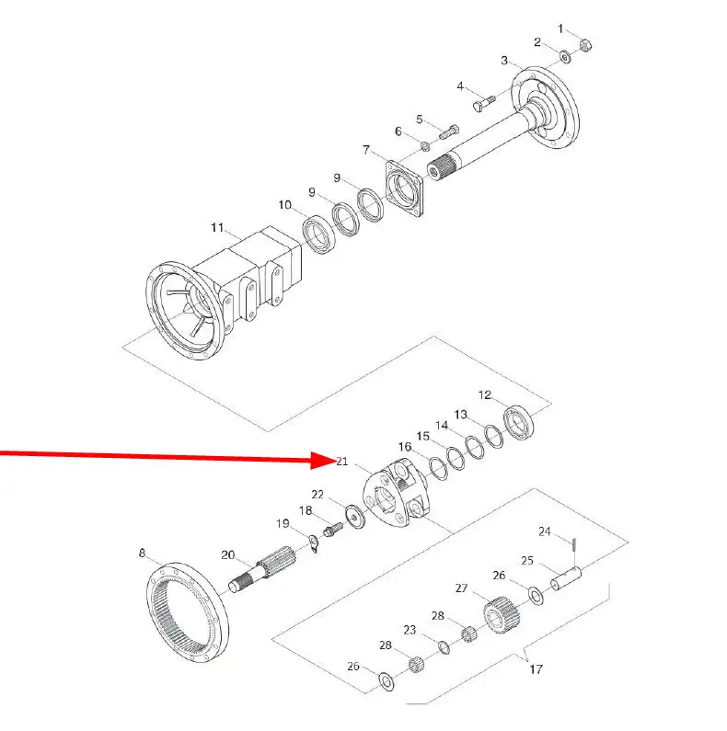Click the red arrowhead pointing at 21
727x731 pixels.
click(324, 460)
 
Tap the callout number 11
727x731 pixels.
click(217, 227)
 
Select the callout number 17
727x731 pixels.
click(537, 669)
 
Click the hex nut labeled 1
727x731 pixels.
click(585, 46)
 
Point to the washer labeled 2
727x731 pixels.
click(565, 57)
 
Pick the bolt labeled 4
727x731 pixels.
click(484, 103)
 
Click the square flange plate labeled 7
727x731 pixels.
click(404, 188)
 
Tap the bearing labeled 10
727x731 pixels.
click(318, 235)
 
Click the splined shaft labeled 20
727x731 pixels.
click(263, 568)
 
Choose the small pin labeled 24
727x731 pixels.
click(575, 544)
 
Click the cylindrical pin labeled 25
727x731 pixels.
click(566, 578)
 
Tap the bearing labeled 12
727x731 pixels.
click(519, 422)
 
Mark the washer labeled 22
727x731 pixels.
click(355, 516)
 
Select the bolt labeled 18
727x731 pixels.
click(333, 530)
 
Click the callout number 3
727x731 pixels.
click(504, 61)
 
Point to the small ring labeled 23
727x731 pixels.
click(444, 647)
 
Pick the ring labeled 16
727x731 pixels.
click(438, 469)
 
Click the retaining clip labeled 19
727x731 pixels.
click(314, 543)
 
